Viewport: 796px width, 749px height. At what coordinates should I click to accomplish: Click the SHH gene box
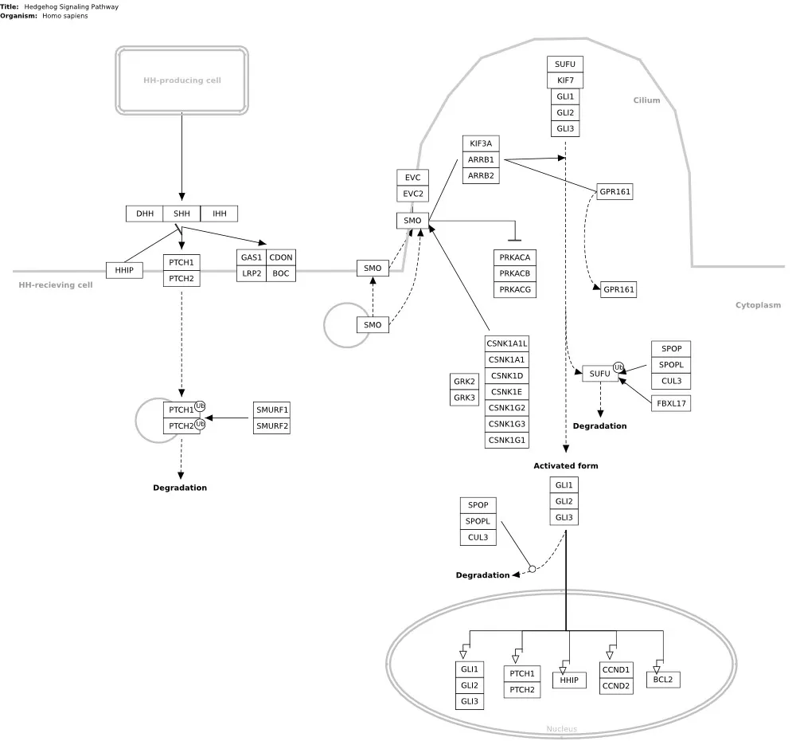181,214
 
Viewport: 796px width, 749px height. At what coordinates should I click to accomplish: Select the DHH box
145,214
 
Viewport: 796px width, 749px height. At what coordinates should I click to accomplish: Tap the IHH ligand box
219,214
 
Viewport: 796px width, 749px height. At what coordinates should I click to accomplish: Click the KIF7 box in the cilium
565,80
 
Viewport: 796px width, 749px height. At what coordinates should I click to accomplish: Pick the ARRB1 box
481,159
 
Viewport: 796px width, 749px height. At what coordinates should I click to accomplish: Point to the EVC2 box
412,194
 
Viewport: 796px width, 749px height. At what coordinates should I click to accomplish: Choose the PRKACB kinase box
515,273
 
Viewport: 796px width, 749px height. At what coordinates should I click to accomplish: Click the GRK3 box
464,397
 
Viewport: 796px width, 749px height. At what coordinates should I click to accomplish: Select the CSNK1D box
507,375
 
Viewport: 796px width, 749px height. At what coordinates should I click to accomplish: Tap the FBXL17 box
670,404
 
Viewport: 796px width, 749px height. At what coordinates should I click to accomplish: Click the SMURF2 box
272,426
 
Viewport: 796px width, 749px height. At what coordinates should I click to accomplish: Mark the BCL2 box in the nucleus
662,680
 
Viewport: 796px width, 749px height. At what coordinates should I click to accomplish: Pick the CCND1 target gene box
616,670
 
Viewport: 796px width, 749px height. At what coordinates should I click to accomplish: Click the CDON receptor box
280,257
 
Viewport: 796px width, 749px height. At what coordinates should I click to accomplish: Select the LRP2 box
252,273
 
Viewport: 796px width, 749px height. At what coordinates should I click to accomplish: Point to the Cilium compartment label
646,100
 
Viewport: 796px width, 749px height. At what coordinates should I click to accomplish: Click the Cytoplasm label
758,305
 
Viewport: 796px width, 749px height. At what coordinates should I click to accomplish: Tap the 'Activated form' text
565,465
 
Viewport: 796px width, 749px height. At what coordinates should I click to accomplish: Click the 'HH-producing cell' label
182,80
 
